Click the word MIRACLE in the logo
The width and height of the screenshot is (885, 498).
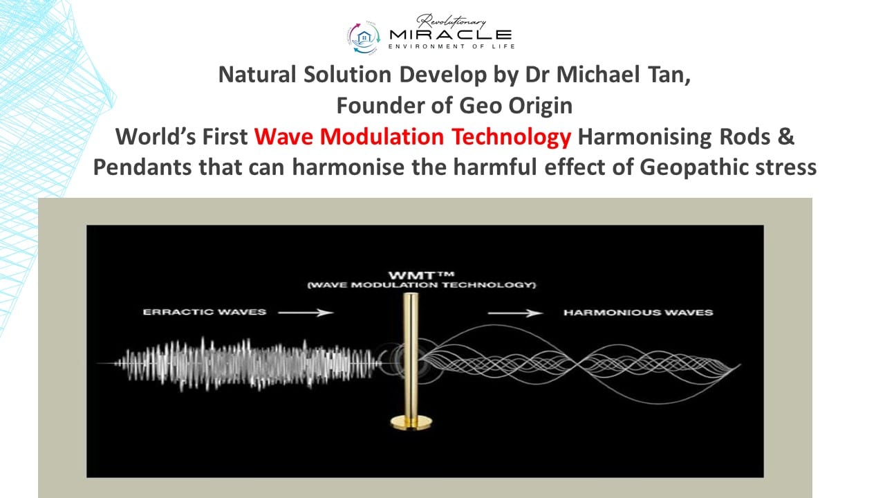coord(450,35)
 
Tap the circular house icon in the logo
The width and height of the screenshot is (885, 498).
coord(364,37)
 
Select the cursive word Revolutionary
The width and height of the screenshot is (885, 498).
coord(451,21)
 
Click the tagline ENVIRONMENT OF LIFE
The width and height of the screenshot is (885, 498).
coord(451,46)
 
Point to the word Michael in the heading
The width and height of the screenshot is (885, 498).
coord(598,74)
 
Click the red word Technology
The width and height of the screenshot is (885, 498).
coord(512,138)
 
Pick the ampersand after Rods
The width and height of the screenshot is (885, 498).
coord(787,137)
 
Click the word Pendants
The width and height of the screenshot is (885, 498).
coord(142,167)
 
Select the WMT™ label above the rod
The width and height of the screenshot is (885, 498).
coord(422,275)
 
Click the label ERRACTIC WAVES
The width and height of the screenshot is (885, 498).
coord(205,312)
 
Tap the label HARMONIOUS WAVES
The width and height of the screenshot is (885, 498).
coord(638,313)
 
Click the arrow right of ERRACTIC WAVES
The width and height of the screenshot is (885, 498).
coord(306,313)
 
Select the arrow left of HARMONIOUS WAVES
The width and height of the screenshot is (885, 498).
coord(515,313)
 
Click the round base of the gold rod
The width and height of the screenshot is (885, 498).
coord(411,422)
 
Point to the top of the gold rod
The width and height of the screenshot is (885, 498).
coord(411,295)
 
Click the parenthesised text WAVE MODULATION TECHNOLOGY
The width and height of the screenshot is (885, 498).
coord(422,285)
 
